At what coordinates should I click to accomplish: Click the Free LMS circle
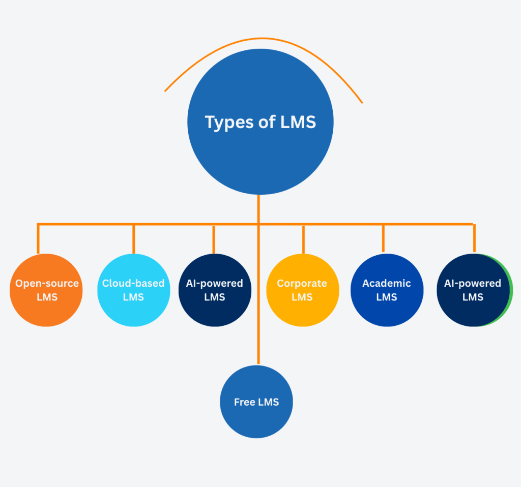(256, 417)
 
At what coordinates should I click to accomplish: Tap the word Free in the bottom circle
(245, 402)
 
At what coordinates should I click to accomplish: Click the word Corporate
(302, 283)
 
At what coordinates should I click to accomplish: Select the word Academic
(387, 283)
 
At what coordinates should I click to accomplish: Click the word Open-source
(47, 283)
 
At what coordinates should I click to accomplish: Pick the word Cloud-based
(133, 283)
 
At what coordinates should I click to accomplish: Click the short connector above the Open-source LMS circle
(38, 239)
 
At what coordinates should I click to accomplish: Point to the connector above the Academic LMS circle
(383, 238)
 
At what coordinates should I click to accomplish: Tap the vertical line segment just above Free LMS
(258, 346)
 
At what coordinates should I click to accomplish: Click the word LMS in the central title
(298, 123)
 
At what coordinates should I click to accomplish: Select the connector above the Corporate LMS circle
(303, 239)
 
